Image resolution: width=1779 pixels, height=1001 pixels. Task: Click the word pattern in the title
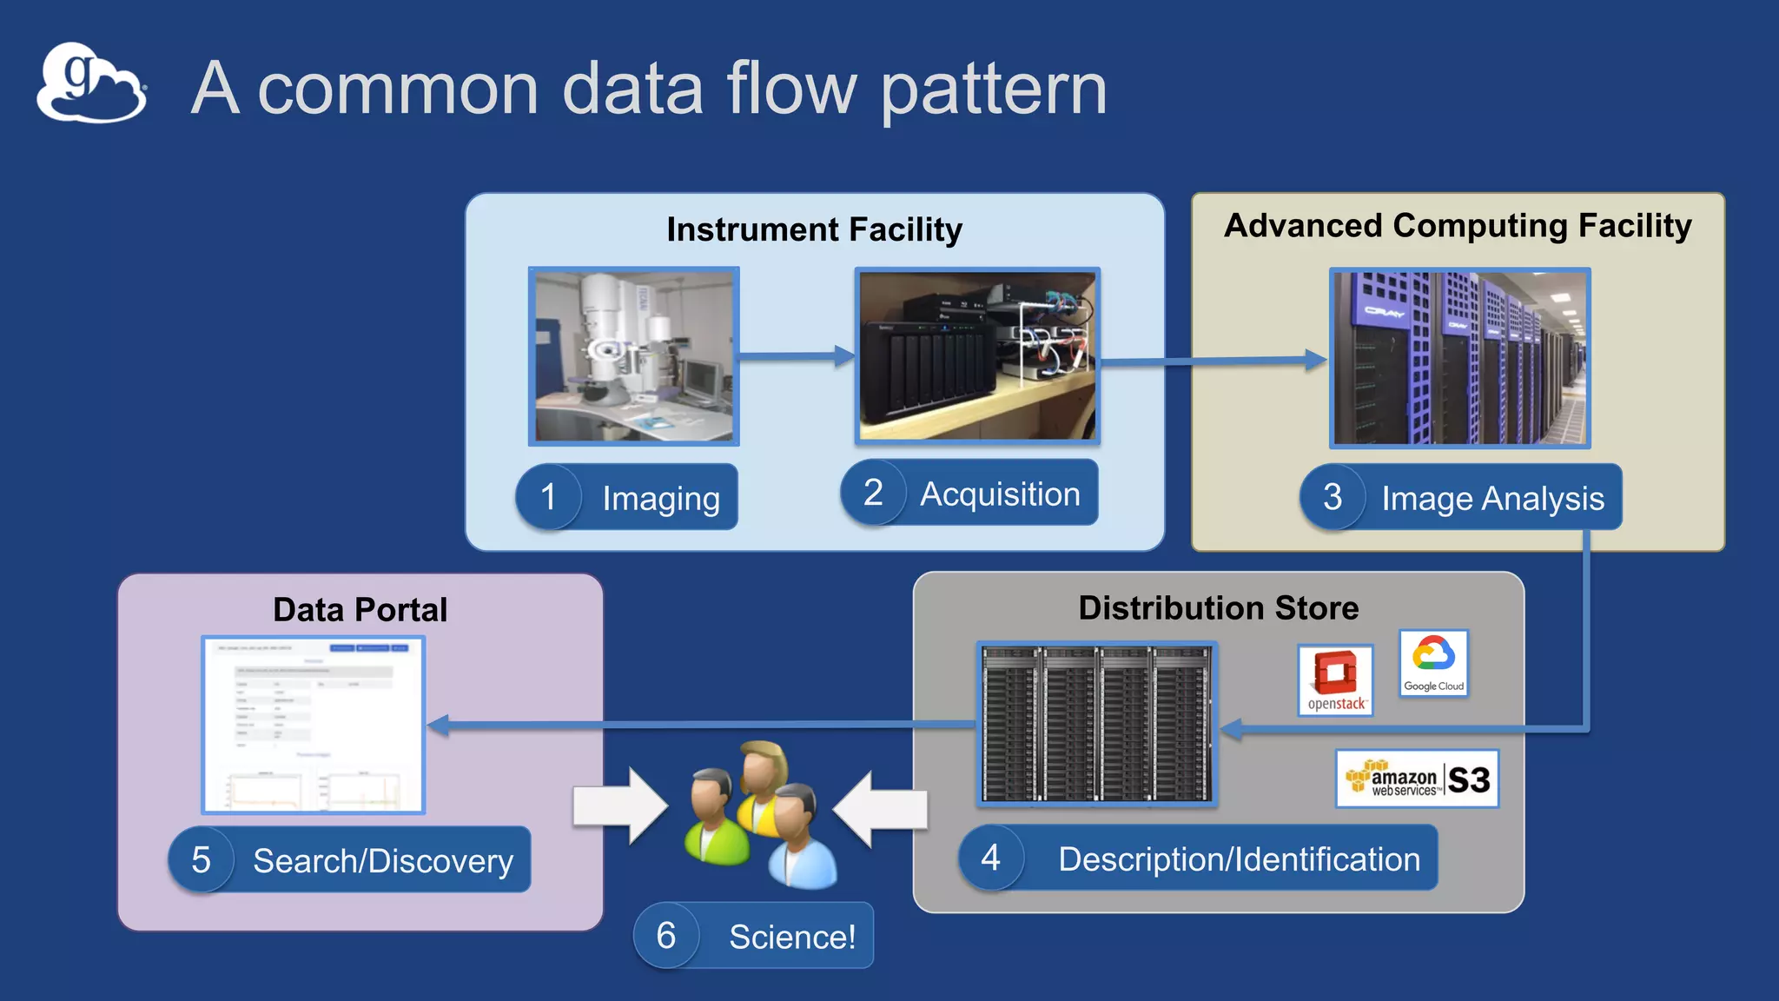pyautogui.click(x=994, y=89)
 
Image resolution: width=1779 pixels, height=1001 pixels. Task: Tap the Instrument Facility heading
pyautogui.click(x=814, y=229)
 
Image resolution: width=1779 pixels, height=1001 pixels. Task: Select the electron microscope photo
pyautogui.click(x=634, y=356)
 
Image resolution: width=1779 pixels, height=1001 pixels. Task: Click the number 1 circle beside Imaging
pyautogui.click(x=548, y=497)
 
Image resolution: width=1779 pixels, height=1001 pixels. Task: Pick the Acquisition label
pyautogui.click(x=999, y=494)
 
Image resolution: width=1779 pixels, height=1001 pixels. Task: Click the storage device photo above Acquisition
pyautogui.click(x=977, y=356)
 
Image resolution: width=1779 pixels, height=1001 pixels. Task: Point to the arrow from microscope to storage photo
pyautogui.click(x=795, y=355)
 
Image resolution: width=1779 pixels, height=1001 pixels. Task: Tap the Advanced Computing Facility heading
pyautogui.click(x=1458, y=225)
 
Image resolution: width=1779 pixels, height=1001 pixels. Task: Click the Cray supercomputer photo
pyautogui.click(x=1459, y=358)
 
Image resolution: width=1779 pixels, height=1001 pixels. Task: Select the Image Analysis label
pyautogui.click(x=1492, y=498)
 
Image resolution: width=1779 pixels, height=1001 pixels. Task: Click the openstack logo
pyautogui.click(x=1335, y=680)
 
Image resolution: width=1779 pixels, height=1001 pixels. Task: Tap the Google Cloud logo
pyautogui.click(x=1433, y=664)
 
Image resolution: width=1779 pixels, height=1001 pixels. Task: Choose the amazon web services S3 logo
pyautogui.click(x=1417, y=779)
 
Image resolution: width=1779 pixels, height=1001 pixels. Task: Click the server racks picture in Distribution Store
pyautogui.click(x=1096, y=723)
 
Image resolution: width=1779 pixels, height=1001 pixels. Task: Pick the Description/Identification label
pyautogui.click(x=1239, y=858)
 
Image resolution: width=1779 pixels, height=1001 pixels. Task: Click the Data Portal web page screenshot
pyautogui.click(x=313, y=725)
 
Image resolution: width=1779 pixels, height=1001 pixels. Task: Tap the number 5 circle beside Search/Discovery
pyautogui.click(x=202, y=860)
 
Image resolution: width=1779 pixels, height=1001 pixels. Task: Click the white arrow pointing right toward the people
pyautogui.click(x=618, y=805)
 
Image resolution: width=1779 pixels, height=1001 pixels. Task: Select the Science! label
pyautogui.click(x=791, y=936)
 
